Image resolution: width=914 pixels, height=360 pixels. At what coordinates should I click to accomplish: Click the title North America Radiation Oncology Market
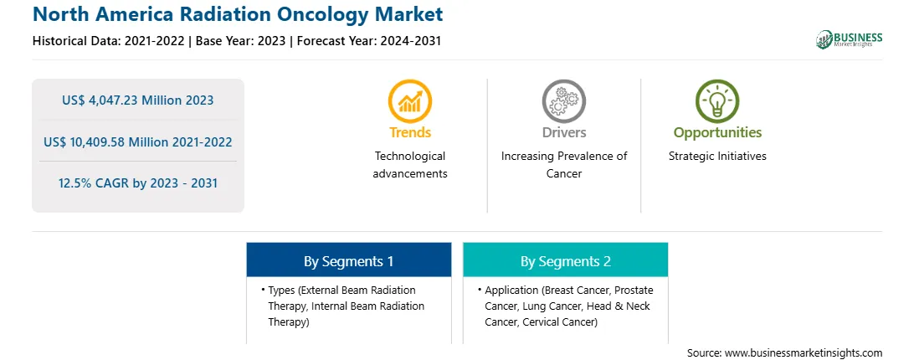238,14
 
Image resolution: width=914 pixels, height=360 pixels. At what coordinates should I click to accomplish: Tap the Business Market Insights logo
850,39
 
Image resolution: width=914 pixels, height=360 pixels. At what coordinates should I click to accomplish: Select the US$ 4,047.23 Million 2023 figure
137,100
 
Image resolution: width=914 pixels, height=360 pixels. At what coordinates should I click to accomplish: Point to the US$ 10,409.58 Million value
116,141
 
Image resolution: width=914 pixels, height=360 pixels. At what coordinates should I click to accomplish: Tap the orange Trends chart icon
410,101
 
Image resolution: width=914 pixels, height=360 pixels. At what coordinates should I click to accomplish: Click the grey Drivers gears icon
563,101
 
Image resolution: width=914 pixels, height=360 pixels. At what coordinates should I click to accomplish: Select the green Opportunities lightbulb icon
717,101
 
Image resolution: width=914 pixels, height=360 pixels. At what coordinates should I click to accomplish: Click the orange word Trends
410,132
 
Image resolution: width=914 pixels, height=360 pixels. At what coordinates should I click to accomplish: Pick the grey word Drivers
564,132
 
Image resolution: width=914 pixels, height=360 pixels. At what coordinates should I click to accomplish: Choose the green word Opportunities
717,132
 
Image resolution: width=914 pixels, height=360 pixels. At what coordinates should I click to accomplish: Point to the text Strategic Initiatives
717,156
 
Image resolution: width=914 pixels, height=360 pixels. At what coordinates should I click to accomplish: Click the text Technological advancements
410,165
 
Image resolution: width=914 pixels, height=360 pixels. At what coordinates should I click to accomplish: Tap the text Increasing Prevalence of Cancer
564,165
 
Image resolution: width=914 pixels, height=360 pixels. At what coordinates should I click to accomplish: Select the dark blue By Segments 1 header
348,260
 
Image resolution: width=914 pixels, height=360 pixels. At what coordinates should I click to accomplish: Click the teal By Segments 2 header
566,260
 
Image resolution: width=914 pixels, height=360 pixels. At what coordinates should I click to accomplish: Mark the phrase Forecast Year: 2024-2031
366,41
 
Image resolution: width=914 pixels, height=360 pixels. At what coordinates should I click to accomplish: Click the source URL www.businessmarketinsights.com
804,353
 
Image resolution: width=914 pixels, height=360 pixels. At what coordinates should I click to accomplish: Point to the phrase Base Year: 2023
241,41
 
